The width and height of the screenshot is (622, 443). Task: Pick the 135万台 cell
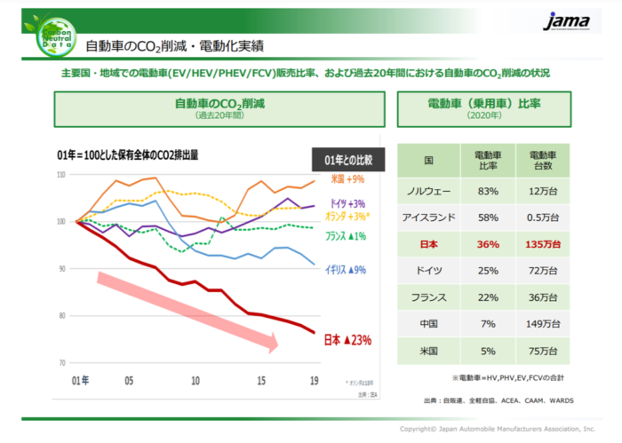pyautogui.click(x=543, y=243)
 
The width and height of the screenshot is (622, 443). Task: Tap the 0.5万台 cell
pyautogui.click(x=543, y=218)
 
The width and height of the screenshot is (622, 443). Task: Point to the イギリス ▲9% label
pyautogui.click(x=345, y=268)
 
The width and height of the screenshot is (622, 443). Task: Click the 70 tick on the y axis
pyautogui.click(x=60, y=363)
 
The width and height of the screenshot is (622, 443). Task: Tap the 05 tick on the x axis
pyautogui.click(x=129, y=379)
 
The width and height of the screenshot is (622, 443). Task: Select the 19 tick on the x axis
pyautogui.click(x=313, y=379)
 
